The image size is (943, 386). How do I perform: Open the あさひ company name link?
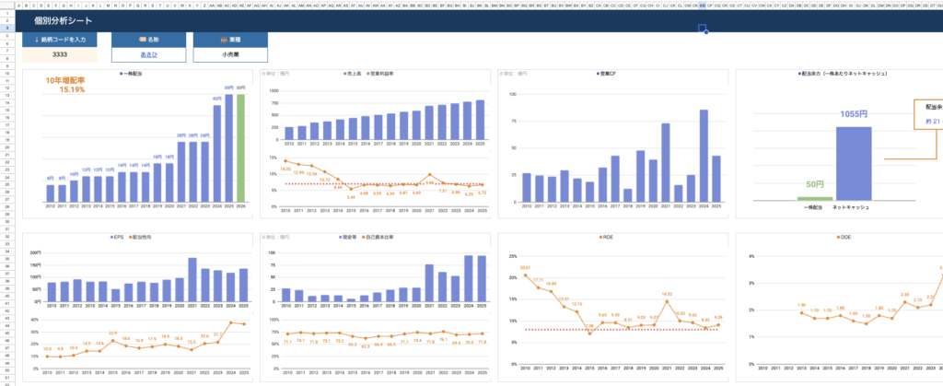142,54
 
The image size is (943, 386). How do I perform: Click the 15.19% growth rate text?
72,90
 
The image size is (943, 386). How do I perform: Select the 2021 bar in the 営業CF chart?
665,161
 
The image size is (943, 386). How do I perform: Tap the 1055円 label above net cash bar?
853,115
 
